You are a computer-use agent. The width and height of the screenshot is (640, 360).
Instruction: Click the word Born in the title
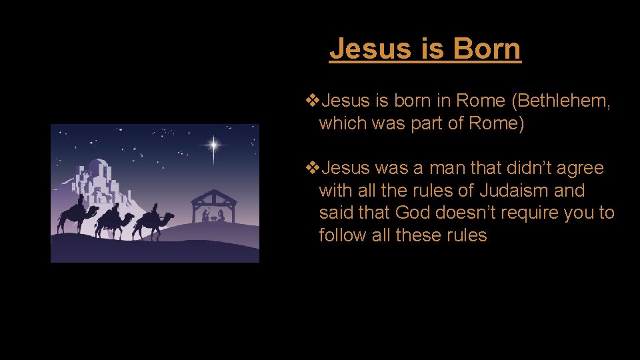click(487, 49)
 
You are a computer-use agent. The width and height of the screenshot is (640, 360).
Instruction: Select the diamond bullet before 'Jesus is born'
click(311, 101)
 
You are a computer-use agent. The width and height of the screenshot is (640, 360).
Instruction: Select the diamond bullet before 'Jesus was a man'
click(311, 168)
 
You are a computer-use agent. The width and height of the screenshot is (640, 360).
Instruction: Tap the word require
click(521, 213)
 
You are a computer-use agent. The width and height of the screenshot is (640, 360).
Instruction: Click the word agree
click(580, 168)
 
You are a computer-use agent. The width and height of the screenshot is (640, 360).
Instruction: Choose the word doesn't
click(467, 213)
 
